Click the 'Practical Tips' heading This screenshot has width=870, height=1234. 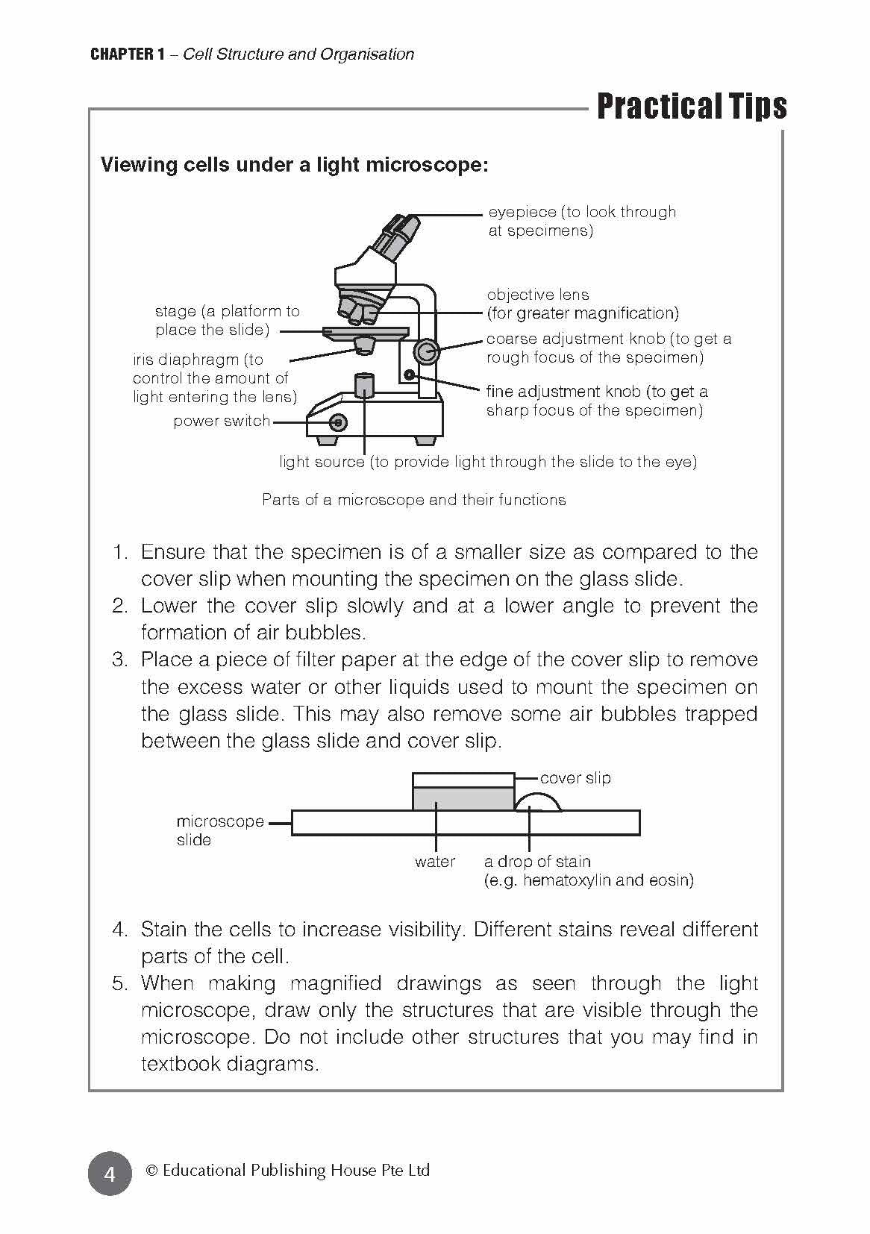pyautogui.click(x=692, y=107)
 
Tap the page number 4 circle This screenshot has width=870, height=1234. pyautogui.click(x=110, y=1174)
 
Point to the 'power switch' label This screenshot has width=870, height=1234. pyautogui.click(x=222, y=421)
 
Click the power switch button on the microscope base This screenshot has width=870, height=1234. pyautogui.click(x=338, y=423)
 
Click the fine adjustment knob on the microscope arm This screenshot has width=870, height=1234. pyautogui.click(x=409, y=373)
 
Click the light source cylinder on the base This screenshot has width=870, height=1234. pyautogui.click(x=364, y=386)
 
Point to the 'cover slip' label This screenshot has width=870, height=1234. pyautogui.click(x=575, y=778)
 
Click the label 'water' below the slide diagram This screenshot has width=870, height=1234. pyautogui.click(x=435, y=862)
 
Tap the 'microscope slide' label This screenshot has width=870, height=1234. pyautogui.click(x=219, y=830)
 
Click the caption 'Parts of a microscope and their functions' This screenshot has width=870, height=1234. pyautogui.click(x=413, y=500)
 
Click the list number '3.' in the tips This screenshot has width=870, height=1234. pyautogui.click(x=121, y=660)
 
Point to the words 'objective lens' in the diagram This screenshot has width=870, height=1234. pyautogui.click(x=538, y=295)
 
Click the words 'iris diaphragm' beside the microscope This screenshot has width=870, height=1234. pyautogui.click(x=186, y=360)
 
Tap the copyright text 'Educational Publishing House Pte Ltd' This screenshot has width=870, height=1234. pyautogui.click(x=295, y=1171)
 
